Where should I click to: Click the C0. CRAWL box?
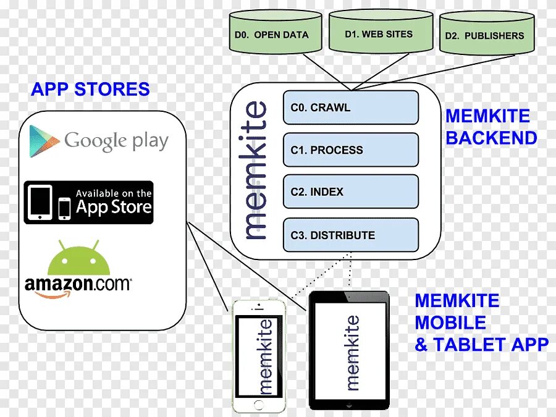click(x=350, y=107)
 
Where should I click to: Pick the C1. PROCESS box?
click(x=350, y=150)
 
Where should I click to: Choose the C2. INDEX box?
click(x=350, y=192)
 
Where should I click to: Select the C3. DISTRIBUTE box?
click(x=350, y=235)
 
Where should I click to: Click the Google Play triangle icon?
click(x=44, y=141)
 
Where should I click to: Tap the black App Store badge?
click(x=88, y=202)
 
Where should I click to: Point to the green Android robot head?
click(x=83, y=260)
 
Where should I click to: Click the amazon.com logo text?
click(x=78, y=285)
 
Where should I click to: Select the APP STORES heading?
click(x=90, y=89)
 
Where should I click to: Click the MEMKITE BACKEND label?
click(x=491, y=127)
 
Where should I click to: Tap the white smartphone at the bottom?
click(x=259, y=356)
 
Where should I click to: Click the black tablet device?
click(x=350, y=350)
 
